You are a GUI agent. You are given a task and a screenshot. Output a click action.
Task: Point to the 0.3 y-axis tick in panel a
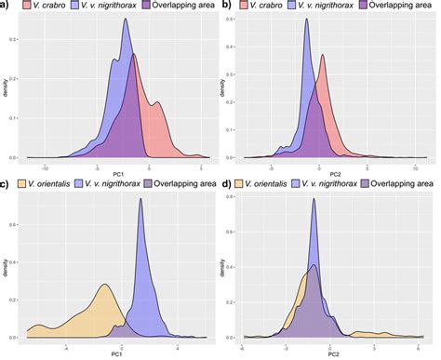(x=18, y=42)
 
